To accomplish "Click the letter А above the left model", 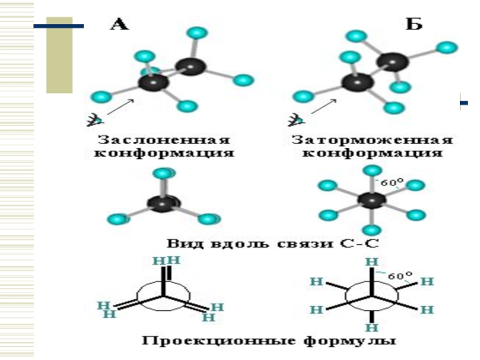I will click(x=119, y=25).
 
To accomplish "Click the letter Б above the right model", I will click(x=414, y=25).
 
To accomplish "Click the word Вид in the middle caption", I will click(x=180, y=244).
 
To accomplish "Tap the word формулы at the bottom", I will click(x=358, y=341).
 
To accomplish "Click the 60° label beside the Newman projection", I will click(x=400, y=277).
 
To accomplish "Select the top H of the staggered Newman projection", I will click(x=373, y=262).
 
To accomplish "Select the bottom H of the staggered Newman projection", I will click(x=373, y=328).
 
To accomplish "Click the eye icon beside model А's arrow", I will click(x=92, y=120).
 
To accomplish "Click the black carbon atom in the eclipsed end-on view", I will click(x=163, y=204).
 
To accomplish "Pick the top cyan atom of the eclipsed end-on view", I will click(x=163, y=174).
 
